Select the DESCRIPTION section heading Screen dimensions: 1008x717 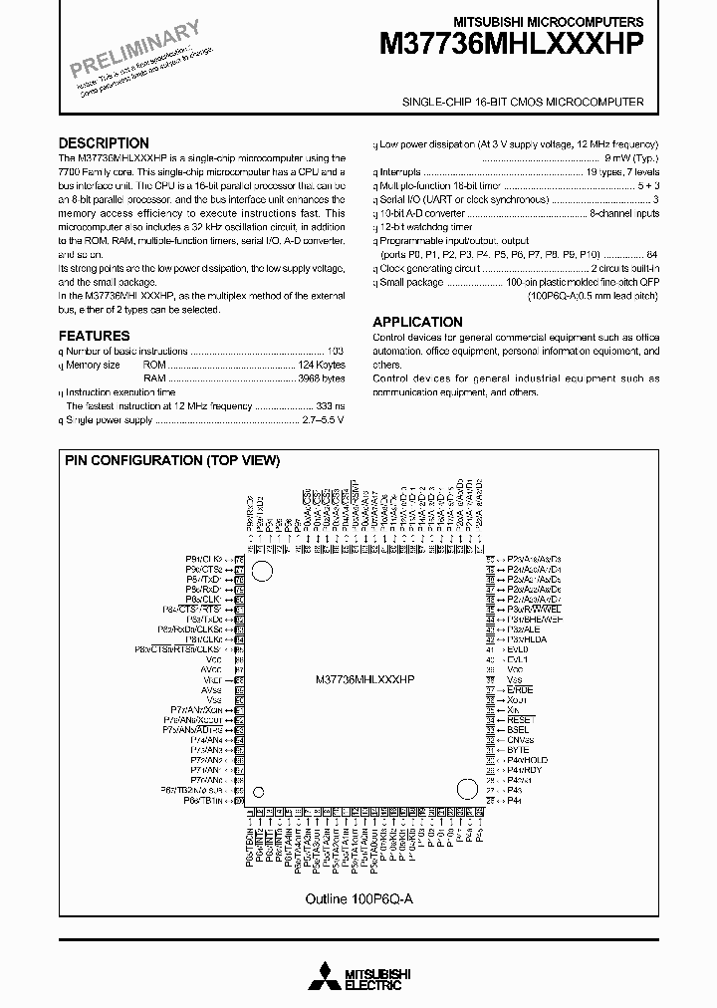pyautogui.click(x=104, y=143)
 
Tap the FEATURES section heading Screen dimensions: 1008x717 pyautogui.click(x=94, y=337)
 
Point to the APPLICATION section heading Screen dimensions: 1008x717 pyautogui.click(x=417, y=322)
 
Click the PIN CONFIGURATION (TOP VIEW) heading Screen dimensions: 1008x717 pyautogui.click(x=172, y=460)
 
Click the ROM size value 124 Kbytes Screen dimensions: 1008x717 pyautogui.click(x=322, y=366)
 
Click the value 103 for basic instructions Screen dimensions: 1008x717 pyautogui.click(x=336, y=352)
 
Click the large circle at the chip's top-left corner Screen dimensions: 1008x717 pyautogui.click(x=263, y=571)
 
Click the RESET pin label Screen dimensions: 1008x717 pyautogui.click(x=521, y=719)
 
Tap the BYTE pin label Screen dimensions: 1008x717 pyautogui.click(x=518, y=749)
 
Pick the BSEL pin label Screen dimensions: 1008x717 pyautogui.click(x=518, y=729)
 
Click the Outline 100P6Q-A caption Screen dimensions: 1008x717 pyautogui.click(x=358, y=897)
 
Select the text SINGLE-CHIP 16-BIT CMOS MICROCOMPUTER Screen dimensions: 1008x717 pyautogui.click(x=523, y=103)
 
